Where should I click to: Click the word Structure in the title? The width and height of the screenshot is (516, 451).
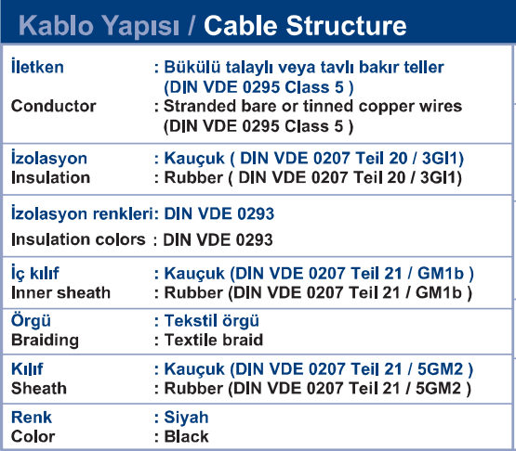pos(346,26)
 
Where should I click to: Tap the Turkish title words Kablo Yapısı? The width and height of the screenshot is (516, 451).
pos(99,26)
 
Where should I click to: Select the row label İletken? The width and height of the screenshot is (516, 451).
pos(37,66)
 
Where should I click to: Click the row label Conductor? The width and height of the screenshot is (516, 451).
pos(54,106)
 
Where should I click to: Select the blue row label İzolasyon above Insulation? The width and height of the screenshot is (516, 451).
pos(49,158)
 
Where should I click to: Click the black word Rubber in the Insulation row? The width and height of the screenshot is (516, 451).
pos(193,177)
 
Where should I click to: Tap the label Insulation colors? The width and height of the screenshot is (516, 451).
pos(78,239)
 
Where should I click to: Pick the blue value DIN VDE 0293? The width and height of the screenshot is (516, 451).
pos(219,213)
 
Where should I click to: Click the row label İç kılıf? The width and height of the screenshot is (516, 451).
pos(35,273)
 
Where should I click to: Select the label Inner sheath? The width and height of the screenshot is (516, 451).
pos(60,292)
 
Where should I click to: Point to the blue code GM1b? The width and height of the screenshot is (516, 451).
pos(441,274)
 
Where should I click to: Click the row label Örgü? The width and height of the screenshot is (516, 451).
pos(31,320)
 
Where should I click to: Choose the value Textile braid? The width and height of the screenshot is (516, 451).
pos(214,340)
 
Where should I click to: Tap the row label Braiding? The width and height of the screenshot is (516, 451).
pos(45,340)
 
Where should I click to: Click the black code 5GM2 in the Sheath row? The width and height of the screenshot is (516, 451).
pos(438,388)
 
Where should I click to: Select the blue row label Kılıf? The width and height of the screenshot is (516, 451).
pos(27,369)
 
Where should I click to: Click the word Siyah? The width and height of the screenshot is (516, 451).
pos(186,418)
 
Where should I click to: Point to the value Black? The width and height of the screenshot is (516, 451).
pos(186,436)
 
